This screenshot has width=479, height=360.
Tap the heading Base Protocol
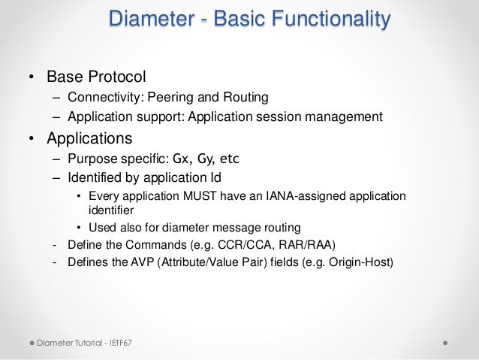point(96,77)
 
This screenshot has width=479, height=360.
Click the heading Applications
point(89,138)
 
